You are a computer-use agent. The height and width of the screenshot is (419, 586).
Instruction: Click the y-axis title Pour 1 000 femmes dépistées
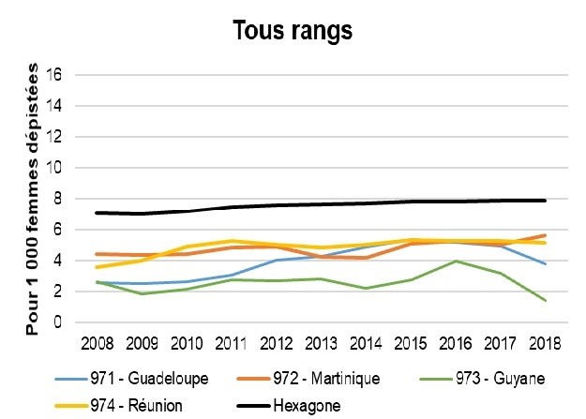click(x=33, y=199)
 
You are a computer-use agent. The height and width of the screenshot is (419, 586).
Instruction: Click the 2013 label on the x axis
click(x=320, y=341)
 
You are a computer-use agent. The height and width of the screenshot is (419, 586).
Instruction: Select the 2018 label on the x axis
click(x=544, y=341)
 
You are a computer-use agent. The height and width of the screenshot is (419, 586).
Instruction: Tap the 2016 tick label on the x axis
click(x=454, y=341)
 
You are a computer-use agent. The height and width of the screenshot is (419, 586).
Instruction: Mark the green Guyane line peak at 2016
click(x=455, y=262)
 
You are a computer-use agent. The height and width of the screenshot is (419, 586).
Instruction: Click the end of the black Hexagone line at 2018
click(x=544, y=201)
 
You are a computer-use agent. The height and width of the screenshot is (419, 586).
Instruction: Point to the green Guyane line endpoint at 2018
click(x=544, y=301)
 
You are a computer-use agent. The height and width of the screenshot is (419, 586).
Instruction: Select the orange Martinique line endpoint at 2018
click(x=544, y=235)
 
